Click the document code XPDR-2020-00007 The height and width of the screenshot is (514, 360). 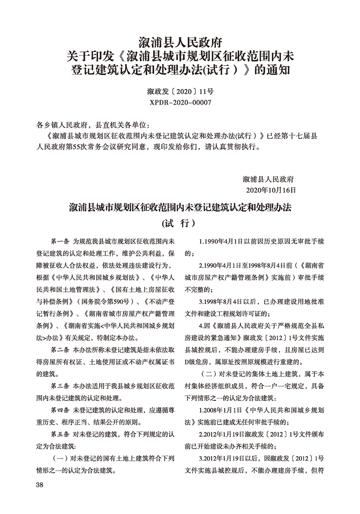pos(180,102)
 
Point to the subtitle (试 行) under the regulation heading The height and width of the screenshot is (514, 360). pos(180,223)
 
